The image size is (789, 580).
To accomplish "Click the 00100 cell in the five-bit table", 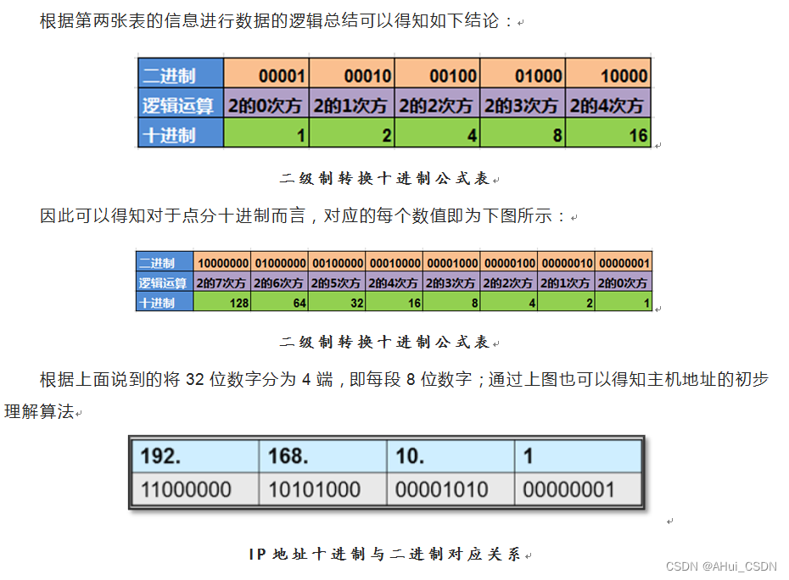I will tap(437, 75).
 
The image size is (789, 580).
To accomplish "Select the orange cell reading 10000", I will tap(607, 75).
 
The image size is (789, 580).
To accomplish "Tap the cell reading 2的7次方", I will tap(222, 283).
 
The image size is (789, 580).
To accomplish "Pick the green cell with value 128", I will tap(222, 303).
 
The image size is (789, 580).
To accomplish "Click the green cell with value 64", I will tap(280, 303).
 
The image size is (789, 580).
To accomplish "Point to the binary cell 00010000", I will tap(394, 264).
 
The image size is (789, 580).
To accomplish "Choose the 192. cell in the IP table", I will tap(194, 456).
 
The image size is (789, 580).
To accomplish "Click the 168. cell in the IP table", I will tap(322, 456).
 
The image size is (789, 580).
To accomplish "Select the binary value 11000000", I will tap(194, 489).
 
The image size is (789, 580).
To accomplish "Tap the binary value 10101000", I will tap(322, 489).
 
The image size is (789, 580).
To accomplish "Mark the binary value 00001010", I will tap(450, 489).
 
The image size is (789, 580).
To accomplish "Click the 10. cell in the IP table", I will tap(450, 456).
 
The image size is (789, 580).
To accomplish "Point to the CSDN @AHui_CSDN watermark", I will tap(721, 566).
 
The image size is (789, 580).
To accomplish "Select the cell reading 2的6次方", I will tap(280, 283).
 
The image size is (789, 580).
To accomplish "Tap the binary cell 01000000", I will tap(280, 264).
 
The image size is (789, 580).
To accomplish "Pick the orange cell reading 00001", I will tap(266, 75).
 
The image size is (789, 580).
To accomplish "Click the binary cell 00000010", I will tap(567, 264).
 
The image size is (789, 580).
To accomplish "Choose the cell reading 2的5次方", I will tap(337, 283).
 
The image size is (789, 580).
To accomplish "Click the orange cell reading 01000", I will tap(522, 75).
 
